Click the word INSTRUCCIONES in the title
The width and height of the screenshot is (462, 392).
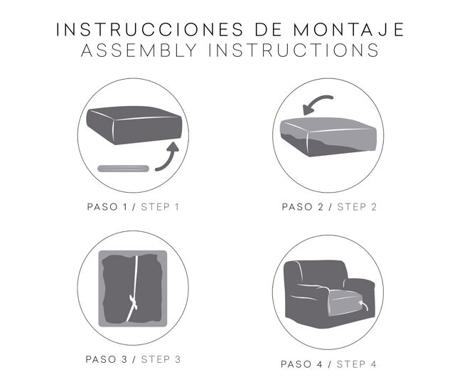tap(150, 29)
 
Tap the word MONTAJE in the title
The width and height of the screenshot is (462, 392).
tap(348, 29)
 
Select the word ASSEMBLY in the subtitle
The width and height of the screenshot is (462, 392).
tap(139, 50)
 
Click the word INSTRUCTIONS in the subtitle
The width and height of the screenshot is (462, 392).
tap(294, 50)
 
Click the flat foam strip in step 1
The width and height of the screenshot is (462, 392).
tap(124, 169)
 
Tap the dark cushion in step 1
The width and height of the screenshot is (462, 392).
tap(134, 125)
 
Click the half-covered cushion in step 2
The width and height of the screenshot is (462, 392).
tap(328, 137)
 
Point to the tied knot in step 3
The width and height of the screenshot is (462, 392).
tap(133, 303)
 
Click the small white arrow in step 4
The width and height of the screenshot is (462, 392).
tap(364, 306)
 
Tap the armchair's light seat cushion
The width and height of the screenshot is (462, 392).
tap(344, 303)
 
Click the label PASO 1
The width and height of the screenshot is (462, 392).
tap(107, 207)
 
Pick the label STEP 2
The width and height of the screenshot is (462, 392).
tap(357, 207)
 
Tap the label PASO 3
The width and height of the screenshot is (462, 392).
tap(107, 359)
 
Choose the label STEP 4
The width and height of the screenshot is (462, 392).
tap(357, 364)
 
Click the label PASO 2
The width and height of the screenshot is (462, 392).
tap(303, 207)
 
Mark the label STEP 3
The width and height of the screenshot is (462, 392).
tap(161, 359)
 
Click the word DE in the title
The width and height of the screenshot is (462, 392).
tap(269, 29)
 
